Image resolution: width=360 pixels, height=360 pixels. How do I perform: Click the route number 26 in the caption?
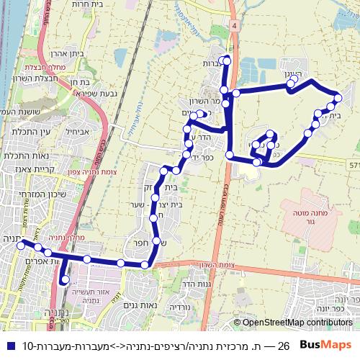tap(284, 346)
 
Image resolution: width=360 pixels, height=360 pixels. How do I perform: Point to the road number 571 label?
tap(354, 165)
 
